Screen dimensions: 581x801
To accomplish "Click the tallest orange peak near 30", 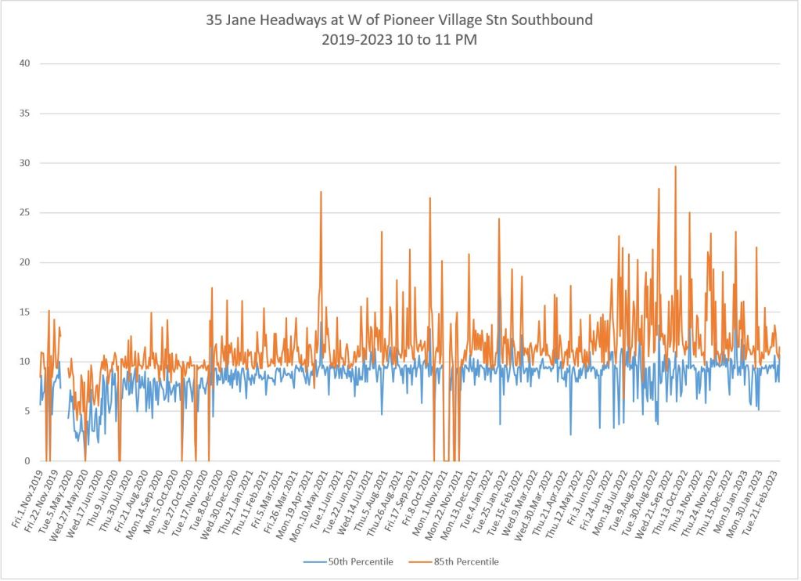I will (675, 167).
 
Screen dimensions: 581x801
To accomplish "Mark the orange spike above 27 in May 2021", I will (321, 192).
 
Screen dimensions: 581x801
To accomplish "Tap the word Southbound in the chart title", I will (554, 20).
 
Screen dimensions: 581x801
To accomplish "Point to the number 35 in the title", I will (217, 20).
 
